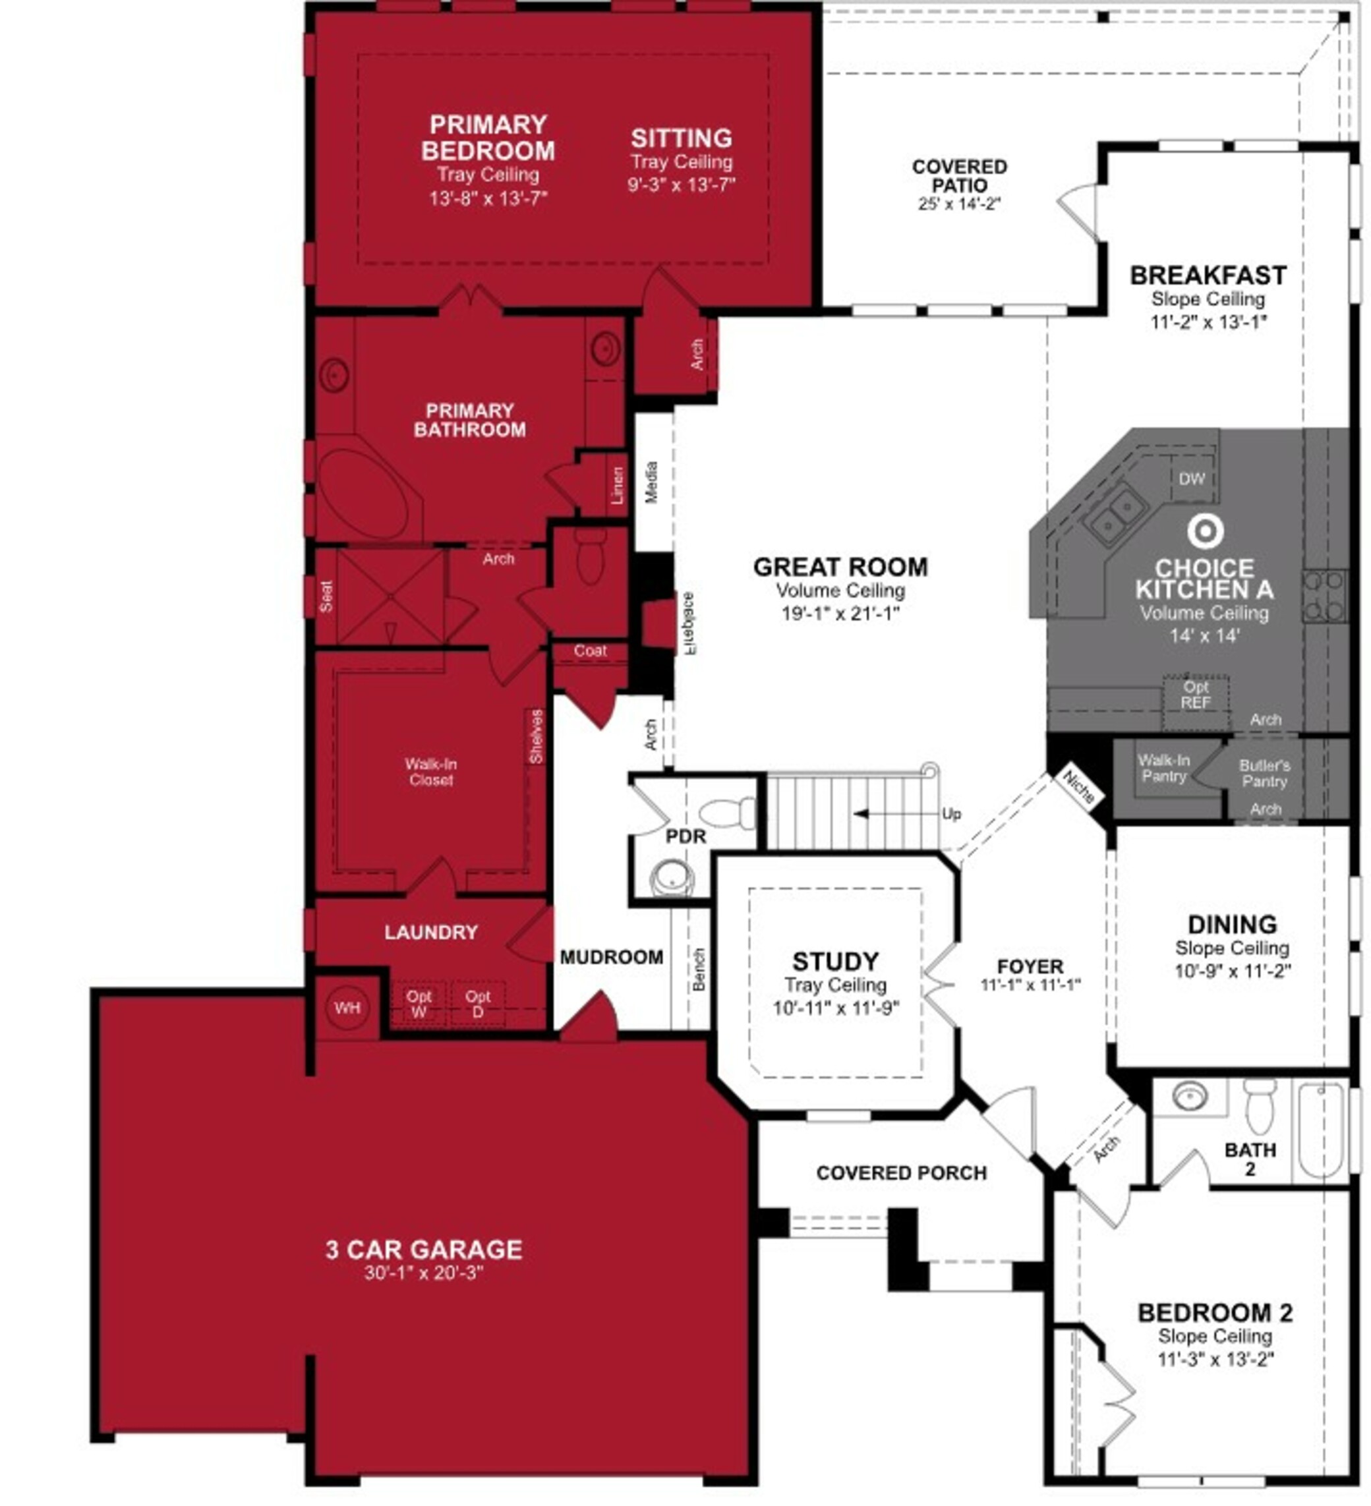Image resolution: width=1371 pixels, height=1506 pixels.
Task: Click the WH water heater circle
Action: point(347,1008)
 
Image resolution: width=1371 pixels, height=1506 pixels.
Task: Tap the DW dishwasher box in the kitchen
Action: point(1192,479)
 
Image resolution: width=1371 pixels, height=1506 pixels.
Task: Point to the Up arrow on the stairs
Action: point(896,813)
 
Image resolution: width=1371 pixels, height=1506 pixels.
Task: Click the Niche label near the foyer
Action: point(1078,787)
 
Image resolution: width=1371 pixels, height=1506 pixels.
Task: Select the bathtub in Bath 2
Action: point(1322,1132)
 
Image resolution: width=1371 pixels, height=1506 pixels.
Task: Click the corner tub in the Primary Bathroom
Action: point(364,493)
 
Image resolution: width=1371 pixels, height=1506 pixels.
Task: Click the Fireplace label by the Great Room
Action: point(688,623)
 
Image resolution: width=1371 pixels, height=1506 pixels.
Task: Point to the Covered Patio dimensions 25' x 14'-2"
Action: point(959,204)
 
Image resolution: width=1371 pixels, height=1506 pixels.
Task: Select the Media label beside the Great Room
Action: point(651,482)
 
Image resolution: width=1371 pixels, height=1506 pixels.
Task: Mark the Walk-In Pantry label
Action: point(1163,768)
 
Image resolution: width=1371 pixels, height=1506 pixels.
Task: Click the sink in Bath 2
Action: point(1190,1096)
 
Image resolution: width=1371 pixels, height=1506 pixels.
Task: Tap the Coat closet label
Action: point(590,651)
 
